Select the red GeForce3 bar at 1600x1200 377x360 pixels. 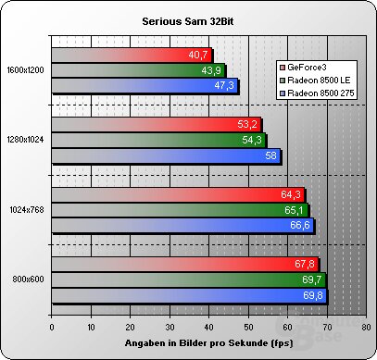coord(130,55)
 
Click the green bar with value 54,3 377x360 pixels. coord(157,141)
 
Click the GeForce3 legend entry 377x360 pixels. coord(306,68)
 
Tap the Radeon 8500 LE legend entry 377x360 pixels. coord(315,81)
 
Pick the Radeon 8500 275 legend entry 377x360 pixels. coord(316,93)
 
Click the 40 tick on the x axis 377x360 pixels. coord(209,327)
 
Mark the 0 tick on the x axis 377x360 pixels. coord(52,327)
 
